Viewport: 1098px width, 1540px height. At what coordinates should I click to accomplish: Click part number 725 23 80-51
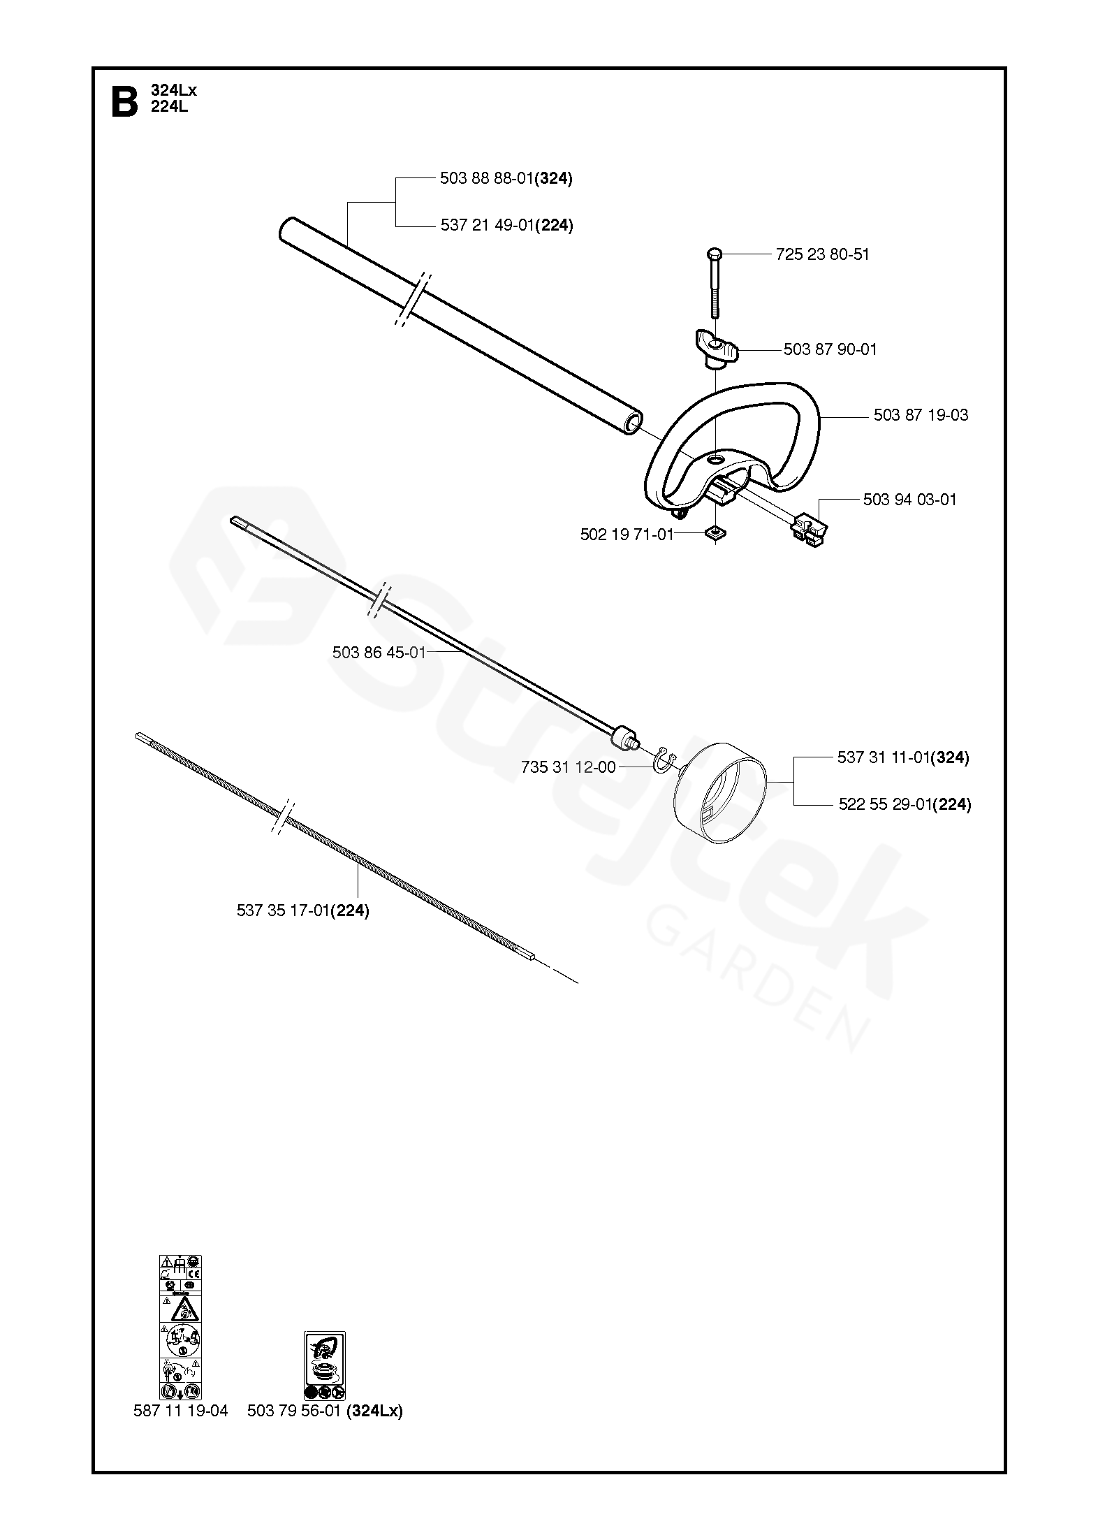pos(822,254)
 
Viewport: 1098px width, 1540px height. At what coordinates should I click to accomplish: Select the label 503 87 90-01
pos(830,349)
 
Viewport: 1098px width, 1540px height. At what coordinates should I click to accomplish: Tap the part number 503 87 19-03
pos(921,415)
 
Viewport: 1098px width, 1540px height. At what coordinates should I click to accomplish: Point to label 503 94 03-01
pos(909,500)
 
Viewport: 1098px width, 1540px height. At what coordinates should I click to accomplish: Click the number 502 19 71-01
pos(627,535)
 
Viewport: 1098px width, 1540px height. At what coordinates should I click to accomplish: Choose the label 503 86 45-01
pos(379,653)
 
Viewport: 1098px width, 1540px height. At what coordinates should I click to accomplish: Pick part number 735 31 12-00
pos(568,767)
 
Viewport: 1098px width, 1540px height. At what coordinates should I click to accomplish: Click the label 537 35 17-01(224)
pos(302,910)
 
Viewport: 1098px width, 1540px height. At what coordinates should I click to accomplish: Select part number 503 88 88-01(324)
pos(506,179)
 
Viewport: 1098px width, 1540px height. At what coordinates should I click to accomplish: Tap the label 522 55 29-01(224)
pos(904,804)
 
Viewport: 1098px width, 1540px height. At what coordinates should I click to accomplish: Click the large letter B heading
pos(124,103)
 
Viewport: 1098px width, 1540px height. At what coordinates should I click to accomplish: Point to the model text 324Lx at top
pos(174,90)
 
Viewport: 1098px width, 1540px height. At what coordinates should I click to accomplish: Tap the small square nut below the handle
pos(715,534)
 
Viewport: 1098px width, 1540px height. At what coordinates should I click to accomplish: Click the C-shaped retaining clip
pos(665,761)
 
